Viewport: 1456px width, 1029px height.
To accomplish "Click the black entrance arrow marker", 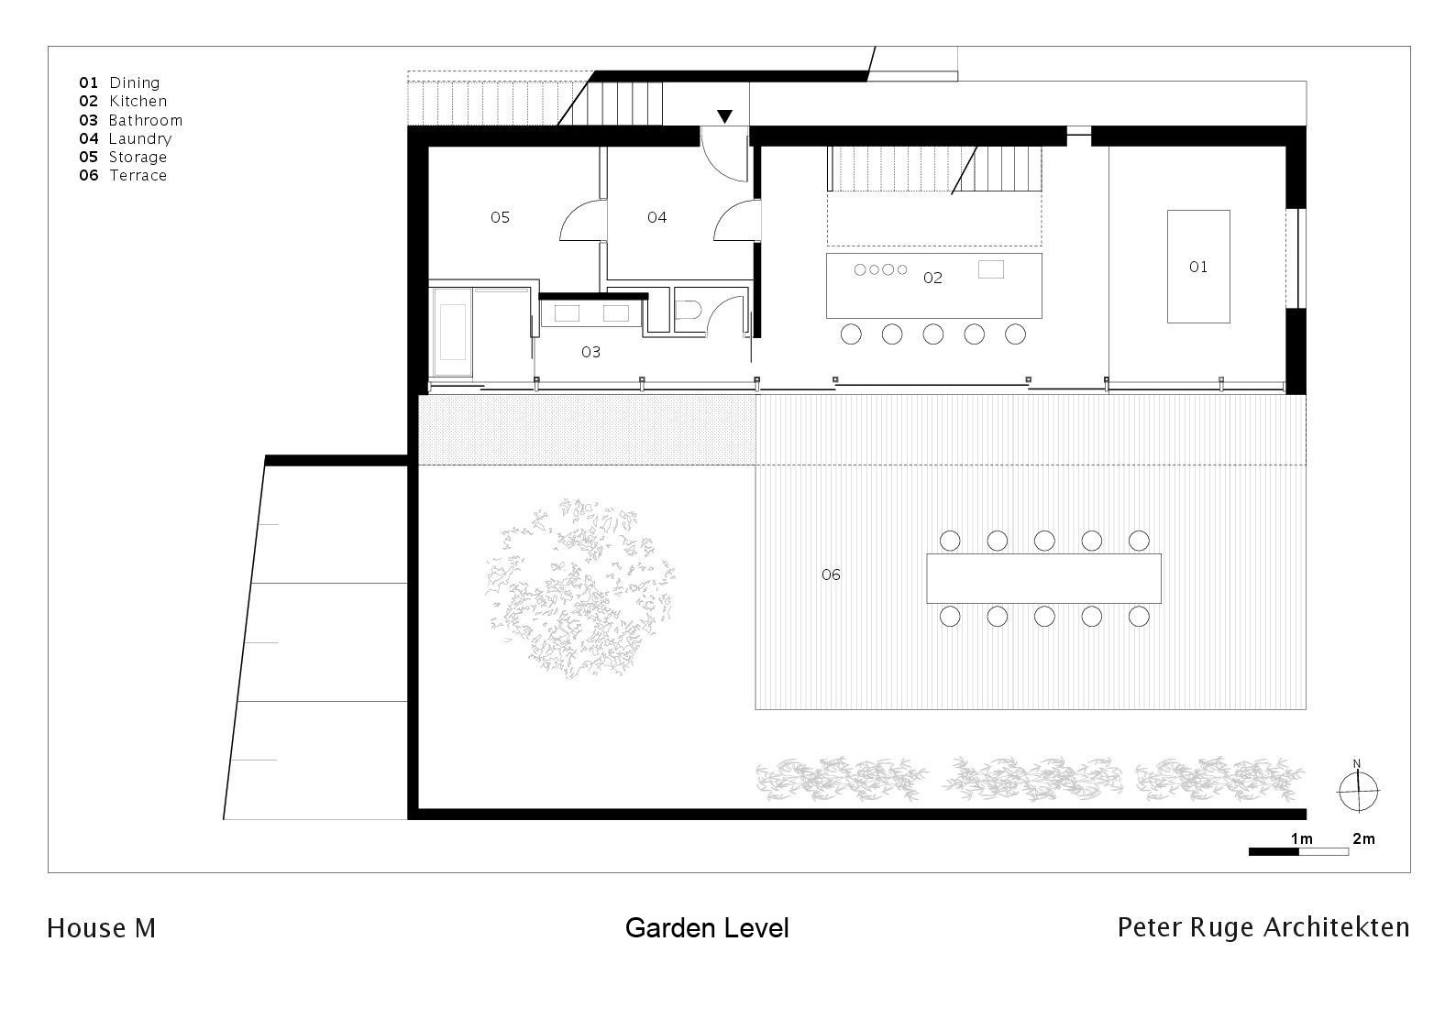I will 724,116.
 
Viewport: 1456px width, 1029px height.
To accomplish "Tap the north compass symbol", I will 1357,789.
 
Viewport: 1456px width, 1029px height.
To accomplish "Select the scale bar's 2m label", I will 1362,838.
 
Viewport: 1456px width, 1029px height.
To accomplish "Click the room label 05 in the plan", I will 500,217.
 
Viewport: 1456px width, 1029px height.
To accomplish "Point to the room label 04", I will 656,217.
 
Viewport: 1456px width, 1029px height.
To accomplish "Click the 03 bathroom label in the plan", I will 590,352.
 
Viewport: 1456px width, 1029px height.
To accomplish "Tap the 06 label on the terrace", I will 831,575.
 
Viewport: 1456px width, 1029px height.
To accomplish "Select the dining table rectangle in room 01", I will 1197,267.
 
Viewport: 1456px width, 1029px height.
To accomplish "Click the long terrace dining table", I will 1043,578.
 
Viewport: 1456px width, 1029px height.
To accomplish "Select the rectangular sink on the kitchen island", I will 990,269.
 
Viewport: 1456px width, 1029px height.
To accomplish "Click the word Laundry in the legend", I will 139,138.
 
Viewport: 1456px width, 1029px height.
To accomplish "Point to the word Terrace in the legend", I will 138,175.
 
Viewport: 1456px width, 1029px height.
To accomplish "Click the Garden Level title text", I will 706,928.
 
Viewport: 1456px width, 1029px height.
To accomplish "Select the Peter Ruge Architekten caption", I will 1263,927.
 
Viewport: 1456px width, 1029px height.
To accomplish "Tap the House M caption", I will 101,928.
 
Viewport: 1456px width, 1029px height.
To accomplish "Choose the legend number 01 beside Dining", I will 88,82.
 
